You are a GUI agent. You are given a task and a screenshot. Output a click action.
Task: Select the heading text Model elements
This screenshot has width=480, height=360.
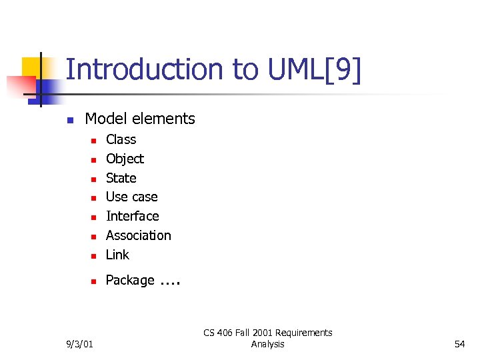tap(140, 119)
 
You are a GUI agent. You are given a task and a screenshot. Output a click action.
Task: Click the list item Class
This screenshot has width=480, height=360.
tap(121, 139)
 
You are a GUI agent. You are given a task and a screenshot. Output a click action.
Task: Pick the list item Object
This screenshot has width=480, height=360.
tap(125, 159)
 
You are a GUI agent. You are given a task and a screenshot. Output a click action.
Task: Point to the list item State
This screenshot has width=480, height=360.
tap(121, 178)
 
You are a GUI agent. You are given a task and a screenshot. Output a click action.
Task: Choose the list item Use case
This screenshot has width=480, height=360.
tap(131, 197)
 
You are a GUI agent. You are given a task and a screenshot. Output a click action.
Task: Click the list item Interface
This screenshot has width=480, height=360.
tap(132, 216)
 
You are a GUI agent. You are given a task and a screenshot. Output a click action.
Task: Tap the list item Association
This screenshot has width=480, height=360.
tap(138, 235)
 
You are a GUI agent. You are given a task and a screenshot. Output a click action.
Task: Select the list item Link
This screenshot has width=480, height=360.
tap(117, 255)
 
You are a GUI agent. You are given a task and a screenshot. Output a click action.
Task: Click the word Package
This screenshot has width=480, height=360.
tap(130, 280)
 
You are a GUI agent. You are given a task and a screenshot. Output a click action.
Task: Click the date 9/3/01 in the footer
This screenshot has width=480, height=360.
tap(80, 344)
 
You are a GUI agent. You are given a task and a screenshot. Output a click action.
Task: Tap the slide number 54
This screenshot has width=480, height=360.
tap(459, 344)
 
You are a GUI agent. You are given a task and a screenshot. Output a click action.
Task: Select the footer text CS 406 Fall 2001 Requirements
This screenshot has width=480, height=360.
tap(267, 333)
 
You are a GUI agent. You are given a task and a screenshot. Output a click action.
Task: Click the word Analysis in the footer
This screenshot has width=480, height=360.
tap(267, 344)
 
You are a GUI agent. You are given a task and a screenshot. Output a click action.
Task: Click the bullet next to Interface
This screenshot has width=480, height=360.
tap(94, 217)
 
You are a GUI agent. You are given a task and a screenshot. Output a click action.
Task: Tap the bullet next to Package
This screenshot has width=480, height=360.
tap(94, 281)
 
